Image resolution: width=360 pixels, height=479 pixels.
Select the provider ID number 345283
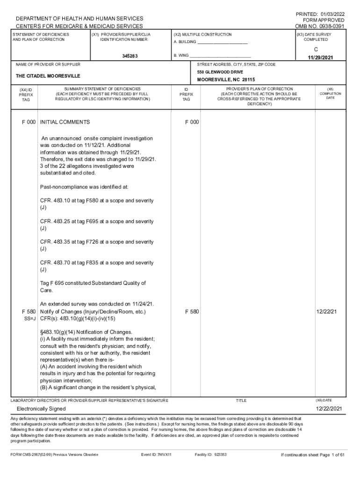click(x=130, y=56)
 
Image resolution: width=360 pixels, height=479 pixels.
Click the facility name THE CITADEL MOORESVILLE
click(x=48, y=76)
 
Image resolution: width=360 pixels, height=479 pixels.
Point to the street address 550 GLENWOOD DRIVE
click(x=220, y=72)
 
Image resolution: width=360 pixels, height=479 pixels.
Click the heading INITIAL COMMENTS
click(x=65, y=122)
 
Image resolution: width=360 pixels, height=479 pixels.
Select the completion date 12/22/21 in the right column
click(x=326, y=312)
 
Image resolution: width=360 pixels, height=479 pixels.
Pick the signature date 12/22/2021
click(x=329, y=409)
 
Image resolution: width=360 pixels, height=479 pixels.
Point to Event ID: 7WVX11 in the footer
click(x=156, y=455)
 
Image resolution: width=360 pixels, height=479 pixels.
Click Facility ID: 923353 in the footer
click(x=211, y=455)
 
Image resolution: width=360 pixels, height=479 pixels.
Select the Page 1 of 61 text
click(x=331, y=455)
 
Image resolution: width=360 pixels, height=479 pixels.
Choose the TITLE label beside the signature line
click(x=241, y=400)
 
